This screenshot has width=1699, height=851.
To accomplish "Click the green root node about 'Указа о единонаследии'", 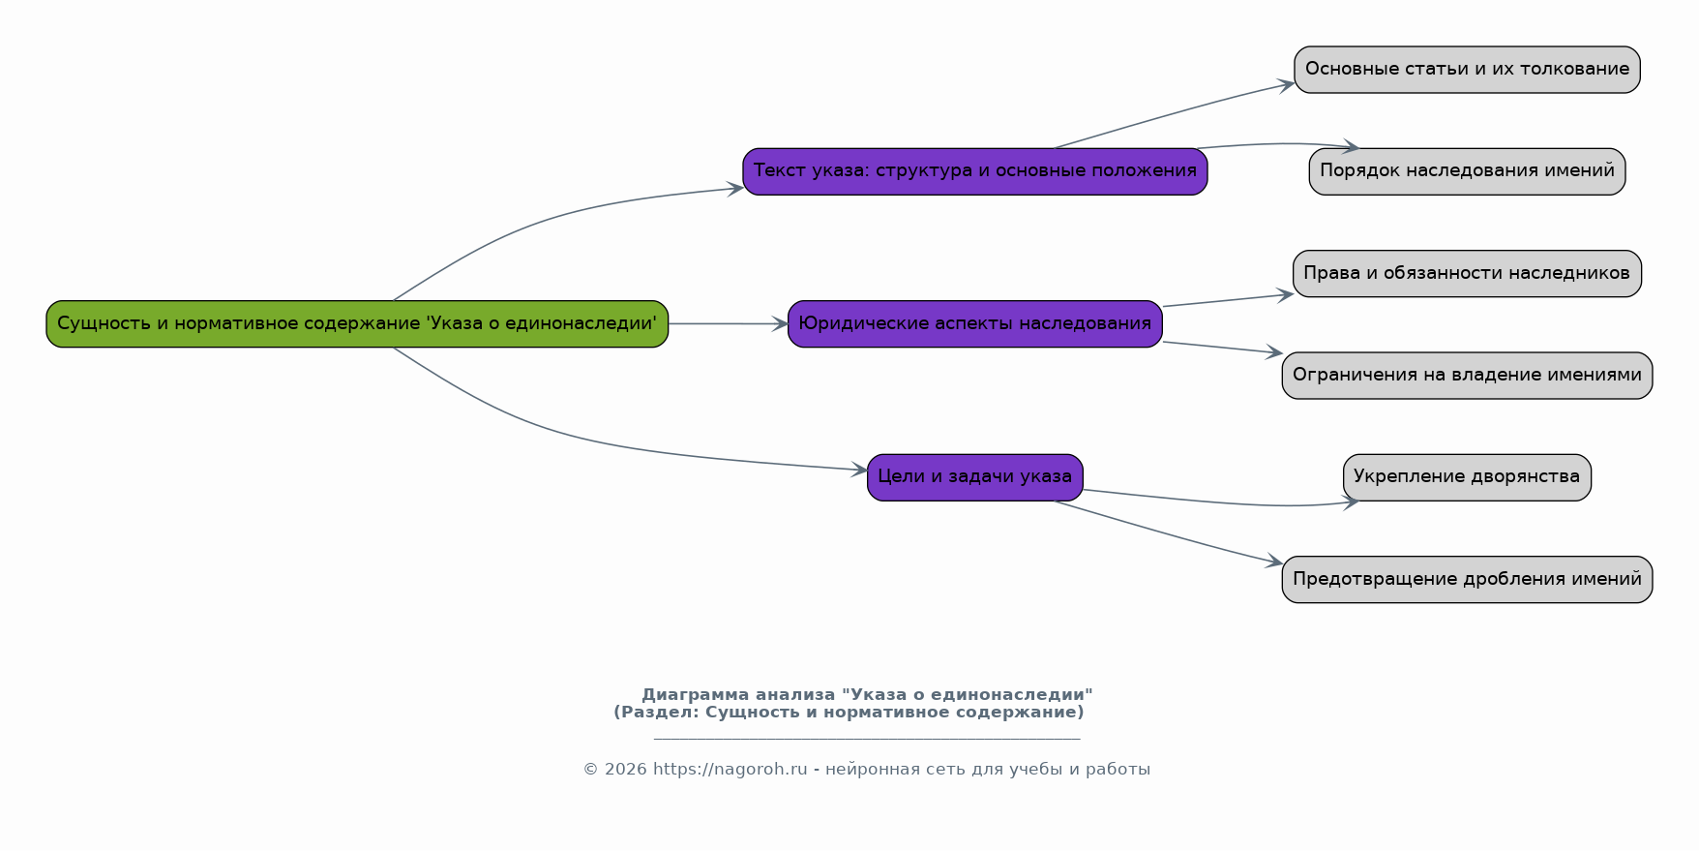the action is coord(357,323).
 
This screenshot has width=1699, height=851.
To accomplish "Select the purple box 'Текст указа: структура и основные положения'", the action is coord(975,171).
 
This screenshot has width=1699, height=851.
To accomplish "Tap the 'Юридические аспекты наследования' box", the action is coord(975,323).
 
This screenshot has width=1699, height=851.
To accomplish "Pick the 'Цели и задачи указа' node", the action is coord(975,477).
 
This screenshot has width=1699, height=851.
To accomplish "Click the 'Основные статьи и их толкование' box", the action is coord(1467,70).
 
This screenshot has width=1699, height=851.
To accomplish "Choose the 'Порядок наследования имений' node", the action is coord(1467,171).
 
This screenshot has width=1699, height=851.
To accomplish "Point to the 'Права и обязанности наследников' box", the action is coord(1467,273).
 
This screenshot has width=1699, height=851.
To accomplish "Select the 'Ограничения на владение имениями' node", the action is coord(1467,376).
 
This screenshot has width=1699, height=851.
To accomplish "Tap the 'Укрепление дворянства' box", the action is coord(1467,477).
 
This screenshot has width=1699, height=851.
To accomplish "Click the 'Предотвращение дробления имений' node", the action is coord(1467,579).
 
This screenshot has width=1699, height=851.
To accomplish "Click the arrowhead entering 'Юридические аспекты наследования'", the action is coord(780,324).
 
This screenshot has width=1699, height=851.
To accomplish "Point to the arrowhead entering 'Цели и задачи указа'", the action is coord(858,471).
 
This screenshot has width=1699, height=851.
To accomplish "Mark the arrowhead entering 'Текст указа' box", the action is coord(734,188).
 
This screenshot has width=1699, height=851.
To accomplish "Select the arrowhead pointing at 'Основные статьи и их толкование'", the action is coord(1286,85).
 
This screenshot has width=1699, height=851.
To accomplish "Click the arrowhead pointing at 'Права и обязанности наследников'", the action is coord(1285,295).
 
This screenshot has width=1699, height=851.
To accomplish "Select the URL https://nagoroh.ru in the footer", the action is coord(730,770).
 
